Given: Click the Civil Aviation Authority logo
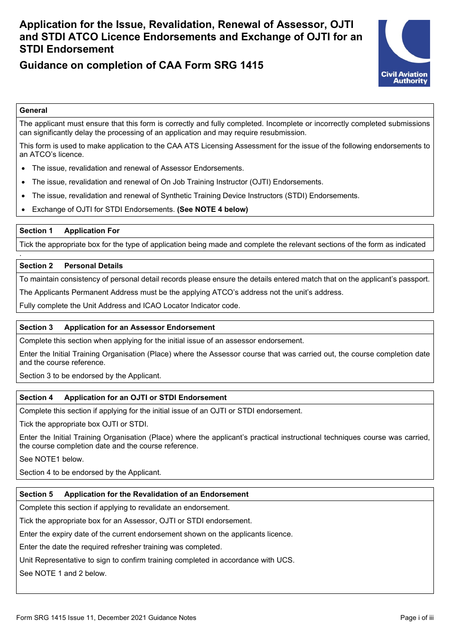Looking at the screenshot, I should click(x=404, y=53).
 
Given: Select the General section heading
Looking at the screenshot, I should click(x=33, y=110).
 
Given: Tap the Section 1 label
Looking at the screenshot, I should click(x=36, y=231).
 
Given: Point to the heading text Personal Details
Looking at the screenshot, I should click(x=93, y=266).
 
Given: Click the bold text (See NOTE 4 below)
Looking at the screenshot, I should click(x=212, y=209).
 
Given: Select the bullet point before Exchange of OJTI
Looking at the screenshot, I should click(x=23, y=209).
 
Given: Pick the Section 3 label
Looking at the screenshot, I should click(x=36, y=328).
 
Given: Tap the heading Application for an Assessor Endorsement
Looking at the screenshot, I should click(x=139, y=328).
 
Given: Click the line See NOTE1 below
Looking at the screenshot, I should click(x=51, y=459).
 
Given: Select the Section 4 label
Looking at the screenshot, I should click(x=36, y=398).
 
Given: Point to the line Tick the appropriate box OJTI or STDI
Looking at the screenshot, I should click(x=83, y=424).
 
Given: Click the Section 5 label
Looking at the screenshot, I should click(x=36, y=494).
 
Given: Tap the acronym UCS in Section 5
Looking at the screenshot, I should click(x=285, y=560).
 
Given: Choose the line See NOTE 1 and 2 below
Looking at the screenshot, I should click(x=63, y=573).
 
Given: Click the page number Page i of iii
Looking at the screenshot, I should click(x=416, y=618).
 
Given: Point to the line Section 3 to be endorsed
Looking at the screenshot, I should click(x=90, y=376).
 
